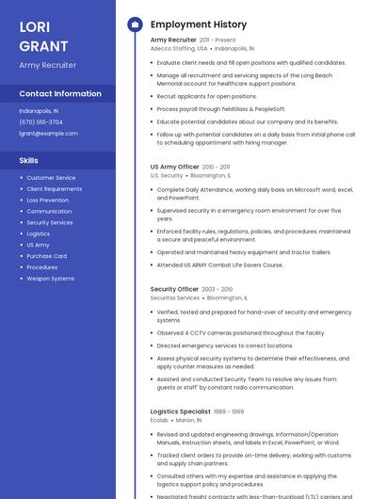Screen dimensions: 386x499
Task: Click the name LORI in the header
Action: coord(34,26)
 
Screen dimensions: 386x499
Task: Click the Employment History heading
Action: coord(199,24)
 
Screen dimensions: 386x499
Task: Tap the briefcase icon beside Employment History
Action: coord(135,24)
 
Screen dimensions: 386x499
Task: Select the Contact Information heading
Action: coord(60,94)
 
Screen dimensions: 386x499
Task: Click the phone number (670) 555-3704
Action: coord(40,121)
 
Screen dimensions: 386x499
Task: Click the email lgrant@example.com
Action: coord(48,133)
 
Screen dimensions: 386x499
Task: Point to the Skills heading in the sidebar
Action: coord(28,160)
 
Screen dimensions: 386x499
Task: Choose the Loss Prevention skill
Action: coord(47,200)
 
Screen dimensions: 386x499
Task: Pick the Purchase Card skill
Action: coord(46,256)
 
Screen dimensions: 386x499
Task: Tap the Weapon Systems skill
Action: coord(50,279)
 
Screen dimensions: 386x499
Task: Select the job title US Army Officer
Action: coord(174,167)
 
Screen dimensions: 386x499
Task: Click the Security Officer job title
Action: coord(174,289)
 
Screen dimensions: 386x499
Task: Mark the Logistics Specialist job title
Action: coord(180,411)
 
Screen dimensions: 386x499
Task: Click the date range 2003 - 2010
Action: coord(217,289)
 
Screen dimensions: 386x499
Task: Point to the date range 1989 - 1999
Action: coord(229,411)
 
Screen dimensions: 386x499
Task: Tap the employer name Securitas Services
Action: coord(175,298)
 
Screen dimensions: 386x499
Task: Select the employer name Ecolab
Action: coord(159,420)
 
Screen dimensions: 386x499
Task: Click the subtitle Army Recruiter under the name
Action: coord(48,65)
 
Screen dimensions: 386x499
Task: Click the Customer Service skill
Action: coord(51,177)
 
